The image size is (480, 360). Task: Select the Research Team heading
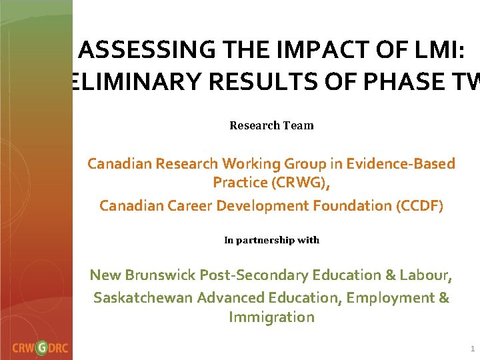271,125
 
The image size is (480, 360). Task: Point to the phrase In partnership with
271,240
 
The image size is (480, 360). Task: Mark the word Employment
391,297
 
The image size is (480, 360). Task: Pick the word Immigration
271,317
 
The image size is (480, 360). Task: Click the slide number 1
472,349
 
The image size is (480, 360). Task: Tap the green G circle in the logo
41,347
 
